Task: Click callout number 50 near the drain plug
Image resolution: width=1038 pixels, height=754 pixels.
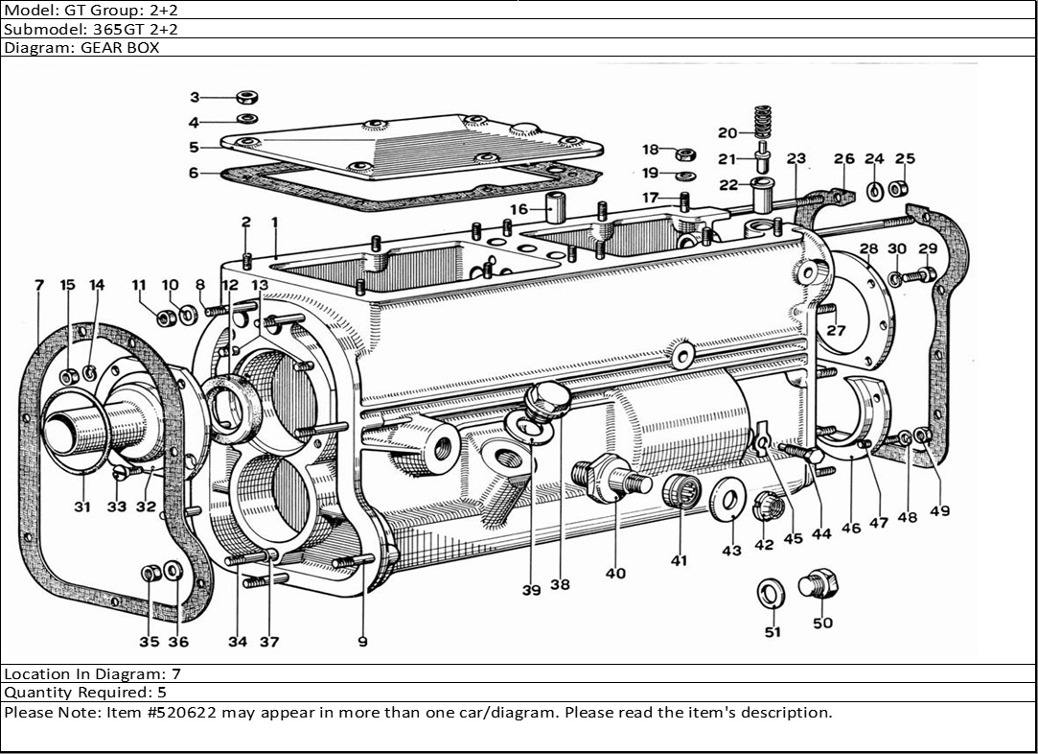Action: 822,624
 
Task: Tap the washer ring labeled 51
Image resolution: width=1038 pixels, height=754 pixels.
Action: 770,593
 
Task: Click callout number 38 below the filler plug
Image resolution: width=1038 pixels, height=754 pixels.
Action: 560,584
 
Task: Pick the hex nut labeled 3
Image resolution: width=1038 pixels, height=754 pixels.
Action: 246,97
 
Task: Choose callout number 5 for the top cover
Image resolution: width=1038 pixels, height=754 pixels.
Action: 194,148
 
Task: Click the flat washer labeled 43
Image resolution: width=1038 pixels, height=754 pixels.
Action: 730,501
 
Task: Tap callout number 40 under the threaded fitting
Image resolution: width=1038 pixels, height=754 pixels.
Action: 615,573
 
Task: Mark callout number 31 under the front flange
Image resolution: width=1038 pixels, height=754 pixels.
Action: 82,507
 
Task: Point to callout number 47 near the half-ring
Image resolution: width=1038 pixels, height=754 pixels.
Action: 879,523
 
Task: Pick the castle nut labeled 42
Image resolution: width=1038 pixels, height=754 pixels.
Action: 765,506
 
